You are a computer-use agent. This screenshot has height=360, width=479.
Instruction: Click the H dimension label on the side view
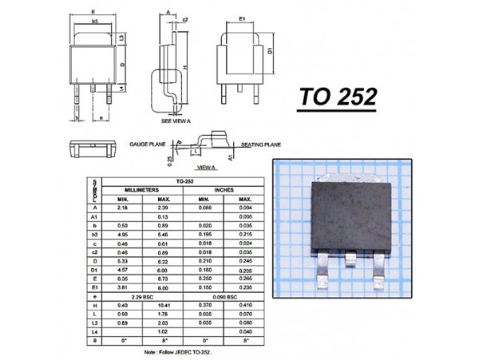(184, 67)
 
